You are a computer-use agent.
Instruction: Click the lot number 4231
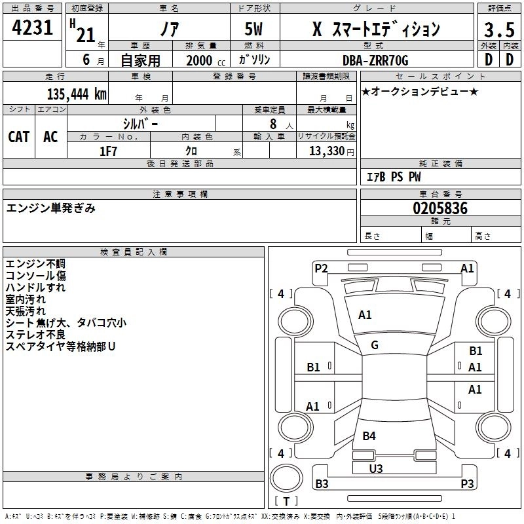pyautogui.click(x=33, y=28)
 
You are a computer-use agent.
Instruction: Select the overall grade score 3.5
pyautogui.click(x=498, y=31)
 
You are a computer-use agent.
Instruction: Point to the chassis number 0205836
pyautogui.click(x=440, y=208)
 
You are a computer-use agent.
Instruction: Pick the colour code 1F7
pyautogui.click(x=108, y=151)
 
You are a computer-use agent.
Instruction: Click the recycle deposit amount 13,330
pyautogui.click(x=325, y=151)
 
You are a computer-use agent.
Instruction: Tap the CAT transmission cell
pyautogui.click(x=19, y=136)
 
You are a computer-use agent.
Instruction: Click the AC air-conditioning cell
pyautogui.click(x=50, y=136)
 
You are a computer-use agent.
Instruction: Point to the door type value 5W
pyautogui.click(x=255, y=29)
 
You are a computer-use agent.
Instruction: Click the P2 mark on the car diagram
pyautogui.click(x=321, y=268)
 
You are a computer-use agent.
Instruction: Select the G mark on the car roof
pyautogui.click(x=375, y=345)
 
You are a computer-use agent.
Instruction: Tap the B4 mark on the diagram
pyautogui.click(x=369, y=436)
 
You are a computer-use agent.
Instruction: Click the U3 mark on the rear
pyautogui.click(x=376, y=468)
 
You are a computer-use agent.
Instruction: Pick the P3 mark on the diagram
pyautogui.click(x=467, y=484)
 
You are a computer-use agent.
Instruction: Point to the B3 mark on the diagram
pyautogui.click(x=322, y=484)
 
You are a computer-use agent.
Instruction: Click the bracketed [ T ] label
pyautogui.click(x=286, y=502)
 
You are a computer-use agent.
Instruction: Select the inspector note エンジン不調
pyautogui.click(x=35, y=264)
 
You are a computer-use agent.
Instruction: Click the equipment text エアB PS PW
pyautogui.click(x=394, y=177)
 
